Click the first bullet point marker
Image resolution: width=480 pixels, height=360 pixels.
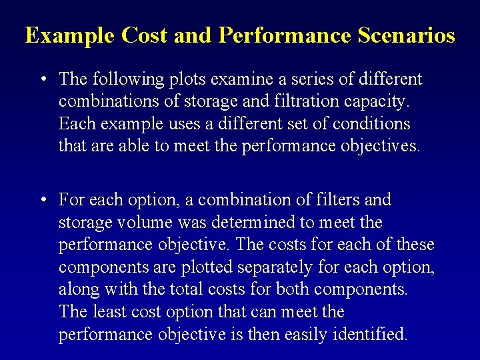tap(42, 79)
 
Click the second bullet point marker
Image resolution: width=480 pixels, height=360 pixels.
tap(42, 200)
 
